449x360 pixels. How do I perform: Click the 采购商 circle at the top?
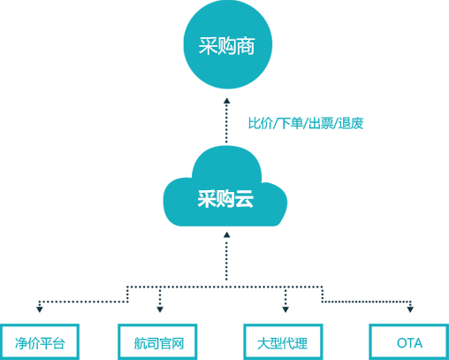point(227,44)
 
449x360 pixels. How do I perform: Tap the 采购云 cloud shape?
point(225,188)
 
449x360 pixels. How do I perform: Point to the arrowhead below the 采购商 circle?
point(226,101)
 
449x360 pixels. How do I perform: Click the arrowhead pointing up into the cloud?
point(226,234)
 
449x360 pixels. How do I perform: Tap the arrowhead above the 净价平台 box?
point(40,310)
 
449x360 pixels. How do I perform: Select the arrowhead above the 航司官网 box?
point(160,310)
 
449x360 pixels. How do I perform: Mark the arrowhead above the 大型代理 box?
point(285,310)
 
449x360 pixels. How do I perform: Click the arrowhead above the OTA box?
point(410,310)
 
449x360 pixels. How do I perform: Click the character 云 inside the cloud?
point(244,199)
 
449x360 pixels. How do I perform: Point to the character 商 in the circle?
point(246,46)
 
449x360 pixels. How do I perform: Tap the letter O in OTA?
point(402,343)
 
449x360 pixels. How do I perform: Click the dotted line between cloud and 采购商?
point(226,124)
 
